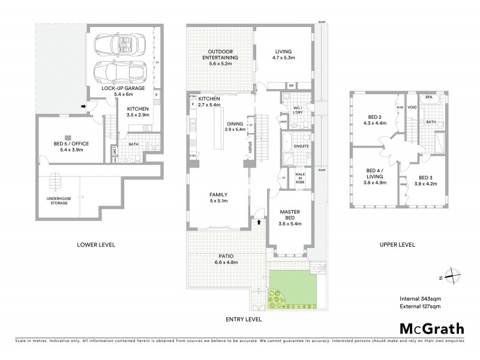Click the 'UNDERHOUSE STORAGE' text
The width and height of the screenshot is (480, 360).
pyautogui.click(x=55, y=201)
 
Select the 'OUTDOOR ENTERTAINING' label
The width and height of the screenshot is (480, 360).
pyautogui.click(x=219, y=55)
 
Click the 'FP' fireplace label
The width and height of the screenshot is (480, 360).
pyautogui.click(x=292, y=85)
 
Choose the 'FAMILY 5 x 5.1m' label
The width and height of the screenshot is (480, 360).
pyautogui.click(x=218, y=197)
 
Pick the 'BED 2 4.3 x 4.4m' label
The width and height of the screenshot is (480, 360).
pyautogui.click(x=373, y=119)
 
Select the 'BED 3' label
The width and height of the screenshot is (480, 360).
pyautogui.click(x=425, y=178)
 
